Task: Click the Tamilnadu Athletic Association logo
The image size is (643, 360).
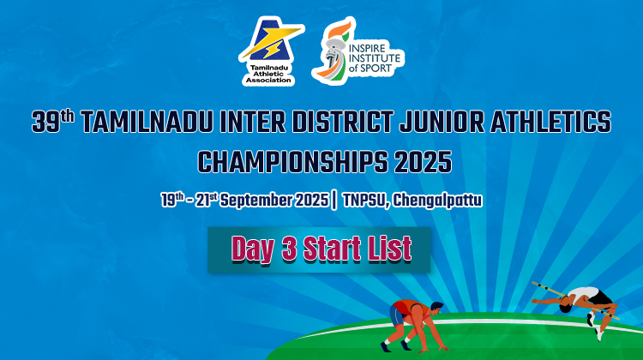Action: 271,51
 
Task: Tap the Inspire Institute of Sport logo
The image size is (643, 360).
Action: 358,50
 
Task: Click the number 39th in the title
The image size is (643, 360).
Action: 53,121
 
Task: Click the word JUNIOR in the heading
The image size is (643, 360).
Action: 442,122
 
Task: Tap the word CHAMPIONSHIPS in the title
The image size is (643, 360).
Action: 292,161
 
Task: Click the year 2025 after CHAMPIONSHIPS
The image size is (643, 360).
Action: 423,161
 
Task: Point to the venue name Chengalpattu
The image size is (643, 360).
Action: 437,201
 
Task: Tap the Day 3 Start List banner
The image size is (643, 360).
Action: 319,249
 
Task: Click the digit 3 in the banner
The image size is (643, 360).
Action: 289,249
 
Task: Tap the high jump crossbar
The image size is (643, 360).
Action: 575,300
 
